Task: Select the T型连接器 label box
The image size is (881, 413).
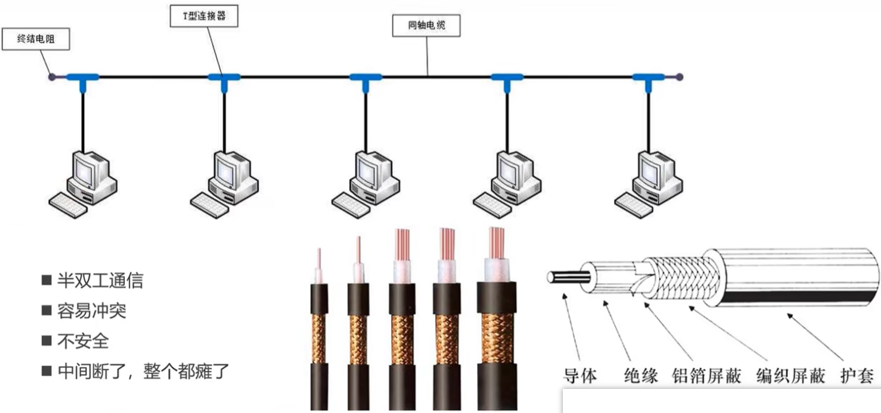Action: (203, 16)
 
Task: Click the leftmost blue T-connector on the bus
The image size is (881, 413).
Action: (82, 78)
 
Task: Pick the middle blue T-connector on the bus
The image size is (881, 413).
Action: (365, 78)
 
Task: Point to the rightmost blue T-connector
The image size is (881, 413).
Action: (648, 78)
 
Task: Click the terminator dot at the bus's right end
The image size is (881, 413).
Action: (679, 77)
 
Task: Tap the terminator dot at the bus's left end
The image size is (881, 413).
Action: (52, 77)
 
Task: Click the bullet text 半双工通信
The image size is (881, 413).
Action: (100, 281)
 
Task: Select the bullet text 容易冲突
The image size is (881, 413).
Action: (91, 310)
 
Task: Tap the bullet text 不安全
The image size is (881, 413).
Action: (83, 341)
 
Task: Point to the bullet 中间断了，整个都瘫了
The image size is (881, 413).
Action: (143, 371)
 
